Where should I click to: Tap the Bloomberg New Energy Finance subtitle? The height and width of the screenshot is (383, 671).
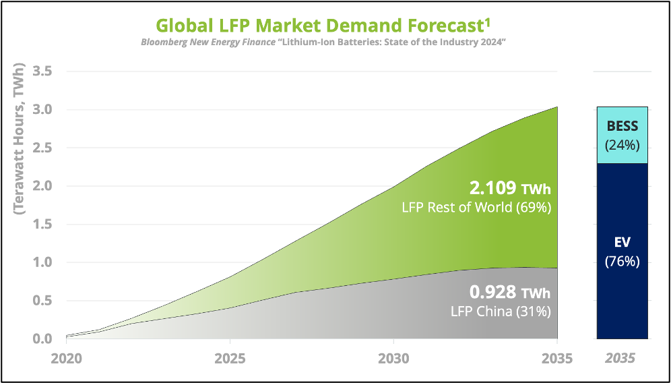[323, 42]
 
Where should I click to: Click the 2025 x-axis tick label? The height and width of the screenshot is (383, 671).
[230, 359]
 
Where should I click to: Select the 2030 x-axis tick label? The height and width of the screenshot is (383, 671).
[393, 359]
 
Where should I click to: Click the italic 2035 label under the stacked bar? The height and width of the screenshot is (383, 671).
[621, 359]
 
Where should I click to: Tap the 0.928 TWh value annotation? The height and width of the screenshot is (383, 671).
[510, 293]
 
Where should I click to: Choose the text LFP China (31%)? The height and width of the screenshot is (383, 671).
[501, 312]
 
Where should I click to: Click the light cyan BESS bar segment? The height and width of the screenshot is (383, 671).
[622, 135]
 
